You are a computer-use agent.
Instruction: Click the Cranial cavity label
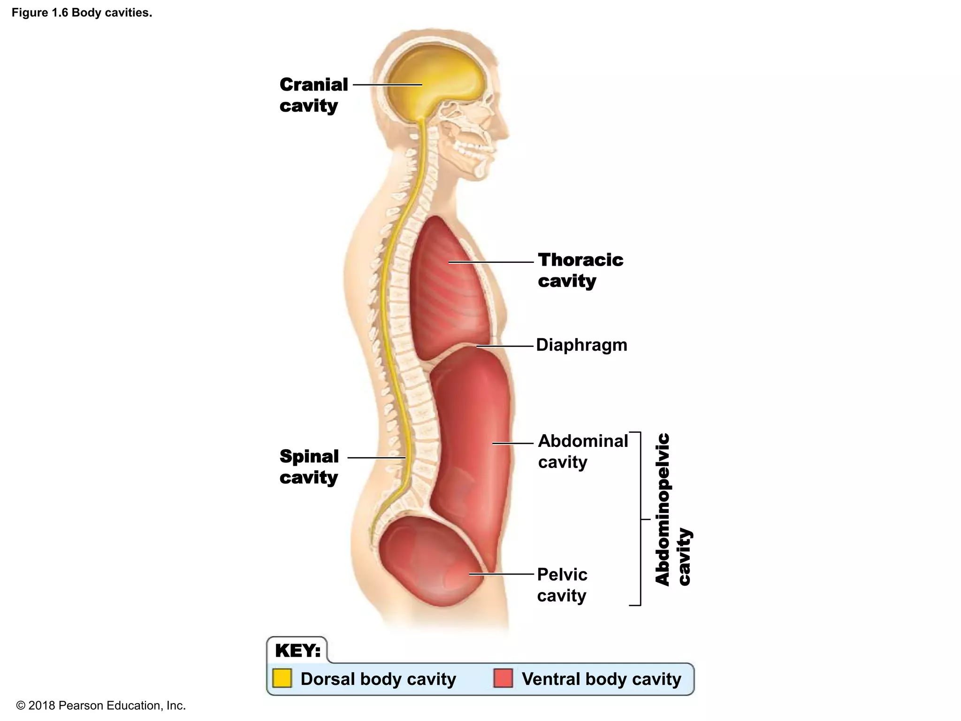(x=313, y=95)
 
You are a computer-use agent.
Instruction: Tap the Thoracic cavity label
(x=580, y=270)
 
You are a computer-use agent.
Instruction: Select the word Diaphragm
(x=581, y=345)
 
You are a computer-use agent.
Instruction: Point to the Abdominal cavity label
(x=582, y=451)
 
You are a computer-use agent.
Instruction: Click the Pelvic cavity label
(x=562, y=585)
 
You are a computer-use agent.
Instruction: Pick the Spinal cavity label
(x=309, y=467)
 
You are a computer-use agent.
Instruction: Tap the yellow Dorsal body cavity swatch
(x=282, y=678)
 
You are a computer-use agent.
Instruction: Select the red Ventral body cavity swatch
(x=503, y=678)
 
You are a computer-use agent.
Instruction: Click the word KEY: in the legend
(x=297, y=651)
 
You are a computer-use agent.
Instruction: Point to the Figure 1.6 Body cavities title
(x=82, y=13)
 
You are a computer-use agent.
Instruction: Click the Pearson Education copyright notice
(x=101, y=706)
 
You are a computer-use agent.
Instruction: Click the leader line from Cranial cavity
(x=387, y=85)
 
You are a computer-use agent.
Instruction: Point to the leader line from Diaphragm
(x=505, y=346)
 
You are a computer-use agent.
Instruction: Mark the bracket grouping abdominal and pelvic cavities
(x=640, y=519)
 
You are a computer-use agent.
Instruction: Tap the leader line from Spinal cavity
(x=376, y=457)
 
